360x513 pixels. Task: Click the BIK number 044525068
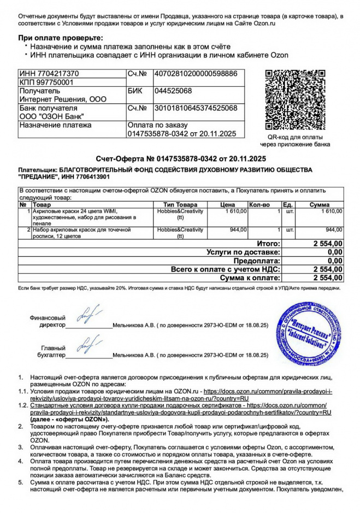click(x=173, y=91)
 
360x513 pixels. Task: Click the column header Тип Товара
click(x=180, y=204)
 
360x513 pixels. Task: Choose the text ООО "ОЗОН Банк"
click(x=52, y=116)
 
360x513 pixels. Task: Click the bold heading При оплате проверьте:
click(x=61, y=37)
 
